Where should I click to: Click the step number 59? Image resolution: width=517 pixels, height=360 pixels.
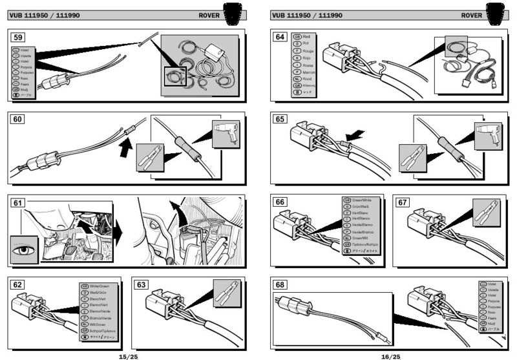[18, 37]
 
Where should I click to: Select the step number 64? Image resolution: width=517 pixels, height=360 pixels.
[280, 37]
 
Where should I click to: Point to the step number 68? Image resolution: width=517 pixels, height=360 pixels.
[280, 285]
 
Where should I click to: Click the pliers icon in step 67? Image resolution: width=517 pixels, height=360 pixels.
[487, 211]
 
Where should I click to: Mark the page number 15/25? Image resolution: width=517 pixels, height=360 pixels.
[128, 355]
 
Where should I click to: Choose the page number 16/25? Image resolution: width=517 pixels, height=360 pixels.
[390, 355]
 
